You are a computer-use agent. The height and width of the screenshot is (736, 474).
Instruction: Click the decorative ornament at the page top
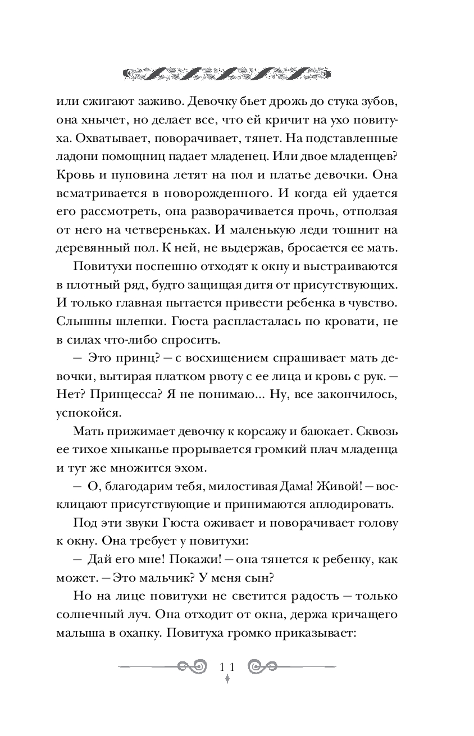click(226, 72)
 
